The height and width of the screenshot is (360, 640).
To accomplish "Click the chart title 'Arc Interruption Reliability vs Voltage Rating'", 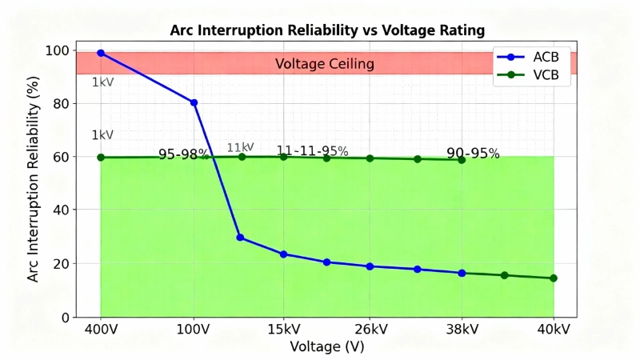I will click(327, 31).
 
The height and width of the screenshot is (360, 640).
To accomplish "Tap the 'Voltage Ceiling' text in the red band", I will click(324, 64).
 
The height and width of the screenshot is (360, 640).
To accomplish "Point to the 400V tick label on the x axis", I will click(101, 330).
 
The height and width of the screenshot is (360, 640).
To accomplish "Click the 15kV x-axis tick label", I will click(283, 330).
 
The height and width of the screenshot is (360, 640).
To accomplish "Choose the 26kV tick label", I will click(370, 330).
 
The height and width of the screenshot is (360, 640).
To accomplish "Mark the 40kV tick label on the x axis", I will click(554, 330).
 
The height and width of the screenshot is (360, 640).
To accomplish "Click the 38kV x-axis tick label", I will click(462, 330).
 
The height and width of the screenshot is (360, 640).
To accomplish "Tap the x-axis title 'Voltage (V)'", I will click(327, 347).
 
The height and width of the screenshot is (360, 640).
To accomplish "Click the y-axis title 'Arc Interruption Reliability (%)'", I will click(34, 183).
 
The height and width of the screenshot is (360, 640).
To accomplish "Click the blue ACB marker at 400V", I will click(101, 53).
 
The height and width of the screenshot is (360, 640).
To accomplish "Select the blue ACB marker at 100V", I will click(194, 102).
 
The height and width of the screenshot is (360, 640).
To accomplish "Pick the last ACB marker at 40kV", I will click(554, 278).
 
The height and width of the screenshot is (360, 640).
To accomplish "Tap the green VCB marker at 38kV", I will click(462, 160).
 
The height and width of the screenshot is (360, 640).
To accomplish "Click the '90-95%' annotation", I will click(473, 154).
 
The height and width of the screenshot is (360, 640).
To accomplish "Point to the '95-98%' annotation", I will click(183, 154).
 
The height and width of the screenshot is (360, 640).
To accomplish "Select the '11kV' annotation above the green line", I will click(240, 147).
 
